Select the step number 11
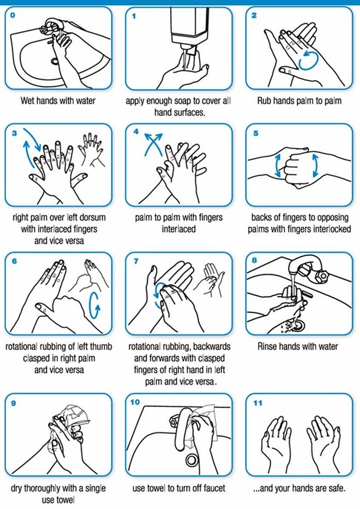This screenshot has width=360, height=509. (x=257, y=403)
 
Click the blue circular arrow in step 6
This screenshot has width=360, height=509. (x=95, y=304)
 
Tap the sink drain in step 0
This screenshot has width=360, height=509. (x=55, y=61)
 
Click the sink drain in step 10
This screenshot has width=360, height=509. (x=192, y=459)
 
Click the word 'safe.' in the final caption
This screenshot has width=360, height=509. (x=336, y=488)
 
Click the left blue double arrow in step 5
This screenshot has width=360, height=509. (x=278, y=166)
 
